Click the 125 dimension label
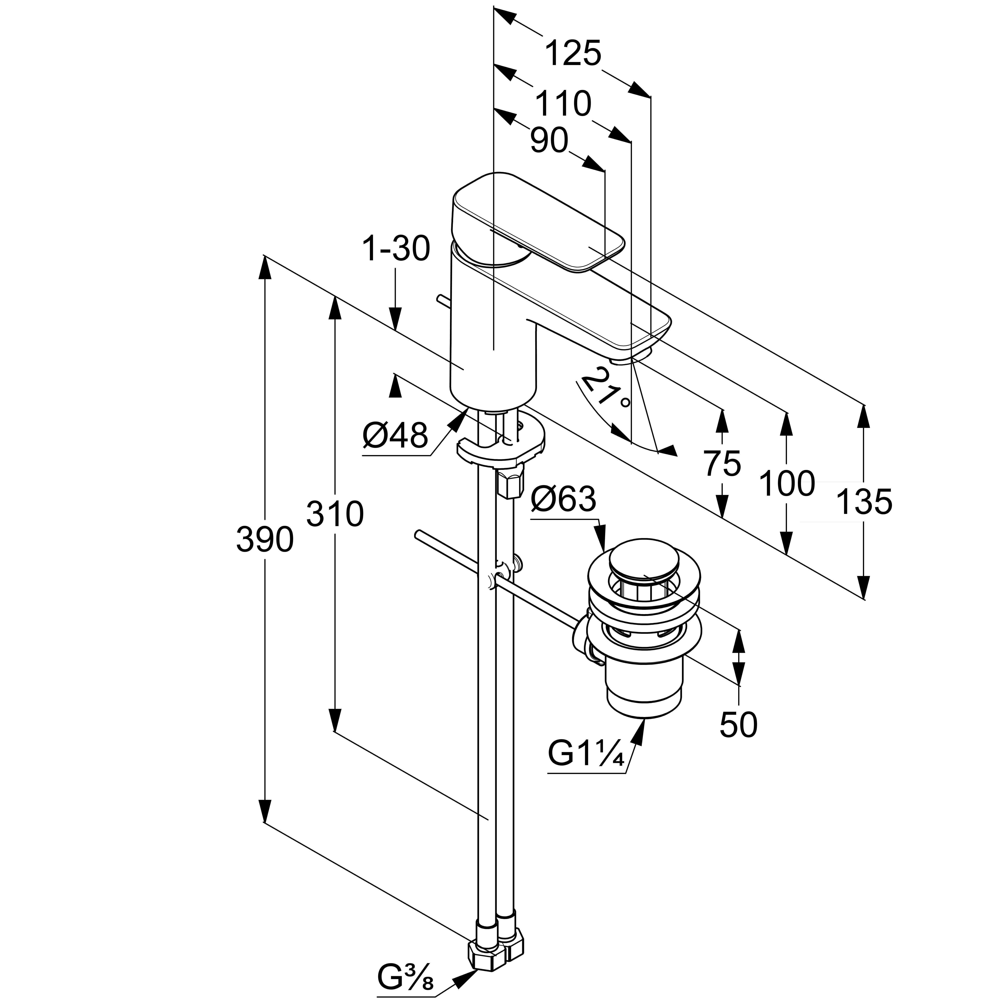pos(573,53)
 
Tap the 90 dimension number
pos(549,141)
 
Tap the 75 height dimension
pos(722,463)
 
